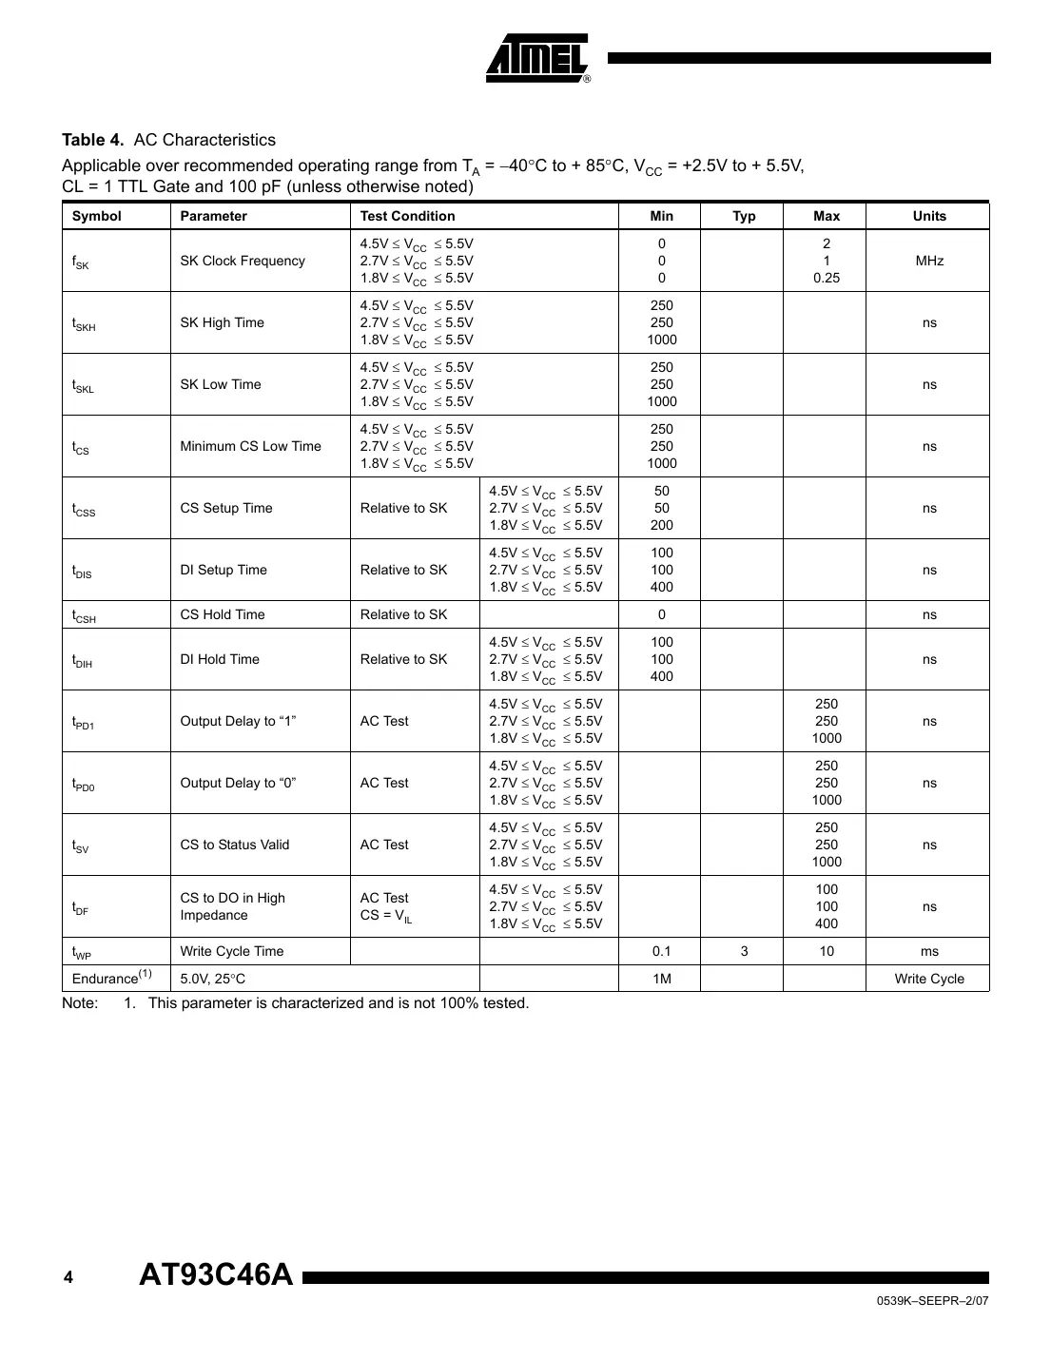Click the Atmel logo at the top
click(x=538, y=59)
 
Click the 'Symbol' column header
click(x=97, y=216)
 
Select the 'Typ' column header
click(x=744, y=216)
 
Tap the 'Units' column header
click(x=928, y=216)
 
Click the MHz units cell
click(x=928, y=261)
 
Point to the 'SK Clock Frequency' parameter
click(x=243, y=261)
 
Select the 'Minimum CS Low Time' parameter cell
click(x=250, y=446)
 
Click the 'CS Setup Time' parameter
click(x=225, y=508)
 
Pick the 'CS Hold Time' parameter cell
click(x=223, y=614)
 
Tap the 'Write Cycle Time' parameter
click(x=231, y=951)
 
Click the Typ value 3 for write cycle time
click(x=744, y=951)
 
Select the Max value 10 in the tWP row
click(x=826, y=951)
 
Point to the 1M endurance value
click(x=661, y=979)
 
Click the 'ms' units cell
click(x=928, y=951)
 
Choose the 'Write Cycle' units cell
click(x=928, y=979)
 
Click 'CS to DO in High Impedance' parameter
click(x=232, y=906)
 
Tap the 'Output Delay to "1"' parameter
click(x=238, y=721)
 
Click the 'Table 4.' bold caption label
click(x=92, y=140)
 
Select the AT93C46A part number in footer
click(x=216, y=1274)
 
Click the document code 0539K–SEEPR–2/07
click(x=932, y=1302)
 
